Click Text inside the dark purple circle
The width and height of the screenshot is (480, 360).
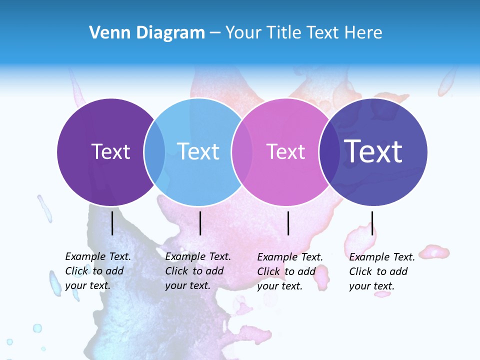click(110, 151)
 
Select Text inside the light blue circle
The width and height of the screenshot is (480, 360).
click(198, 151)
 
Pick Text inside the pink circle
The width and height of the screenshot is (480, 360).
click(285, 151)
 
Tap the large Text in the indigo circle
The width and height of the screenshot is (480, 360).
click(373, 151)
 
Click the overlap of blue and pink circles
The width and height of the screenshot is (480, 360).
click(241, 152)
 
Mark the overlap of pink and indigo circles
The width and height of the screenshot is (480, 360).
click(329, 152)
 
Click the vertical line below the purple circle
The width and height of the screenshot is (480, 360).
click(112, 223)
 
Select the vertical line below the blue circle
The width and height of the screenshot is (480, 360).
click(200, 223)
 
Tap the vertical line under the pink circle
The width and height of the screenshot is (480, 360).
click(288, 223)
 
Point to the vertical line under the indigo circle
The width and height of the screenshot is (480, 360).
click(372, 223)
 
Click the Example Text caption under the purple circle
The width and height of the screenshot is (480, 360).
click(98, 271)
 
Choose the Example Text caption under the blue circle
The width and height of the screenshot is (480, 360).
click(198, 271)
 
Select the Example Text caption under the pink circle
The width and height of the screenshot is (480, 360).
click(290, 271)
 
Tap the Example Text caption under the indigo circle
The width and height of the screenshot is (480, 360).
click(382, 271)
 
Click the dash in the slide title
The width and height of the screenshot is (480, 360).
click(215, 33)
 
